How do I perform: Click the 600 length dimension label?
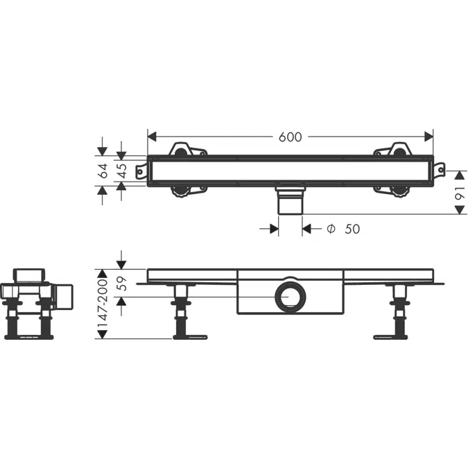290,137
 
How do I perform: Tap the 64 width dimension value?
103,171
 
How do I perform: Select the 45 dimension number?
122,171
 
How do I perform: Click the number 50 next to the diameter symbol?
352,229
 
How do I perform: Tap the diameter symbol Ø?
331,229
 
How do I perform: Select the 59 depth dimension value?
122,284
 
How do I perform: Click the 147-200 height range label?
103,304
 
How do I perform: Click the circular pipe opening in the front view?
290,297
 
